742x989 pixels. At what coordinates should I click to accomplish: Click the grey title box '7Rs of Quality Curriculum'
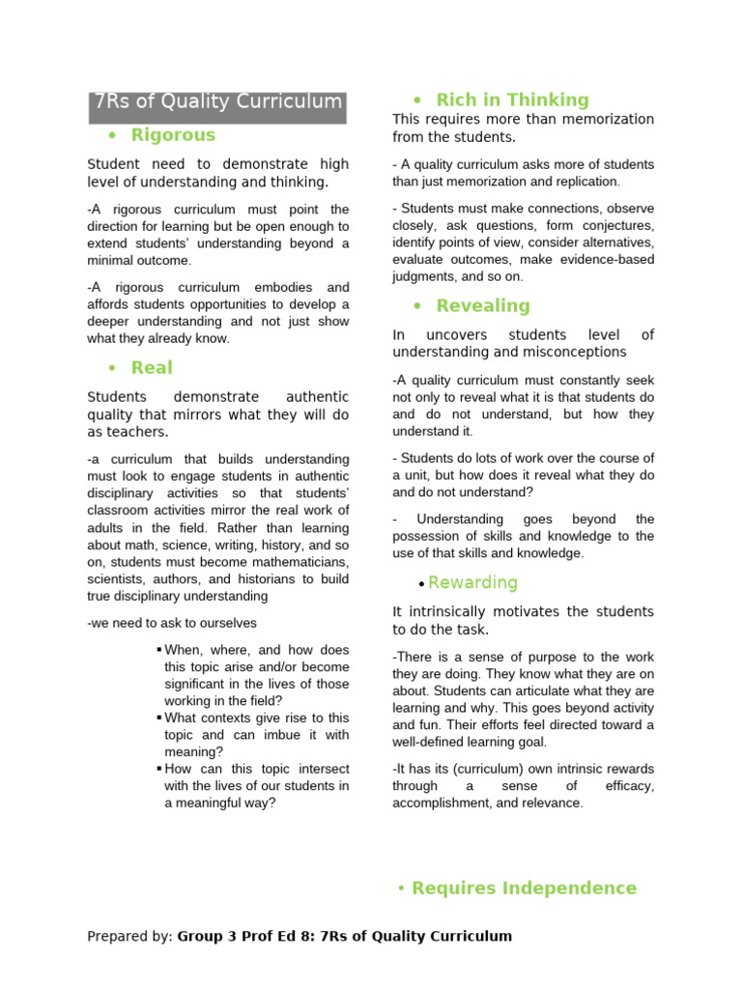pos(217,102)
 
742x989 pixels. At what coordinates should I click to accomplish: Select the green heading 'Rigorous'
pos(173,135)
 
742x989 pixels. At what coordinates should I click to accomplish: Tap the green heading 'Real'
pos(152,367)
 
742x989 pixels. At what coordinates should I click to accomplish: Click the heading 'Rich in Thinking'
pos(512,99)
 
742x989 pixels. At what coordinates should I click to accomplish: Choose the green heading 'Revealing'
pos(483,306)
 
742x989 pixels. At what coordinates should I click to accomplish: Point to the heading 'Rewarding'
pos(472,582)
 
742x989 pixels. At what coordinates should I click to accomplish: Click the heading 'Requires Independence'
pos(524,888)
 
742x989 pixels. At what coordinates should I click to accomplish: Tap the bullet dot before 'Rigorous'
pos(113,136)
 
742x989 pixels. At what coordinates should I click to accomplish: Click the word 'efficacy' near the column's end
pos(629,786)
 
